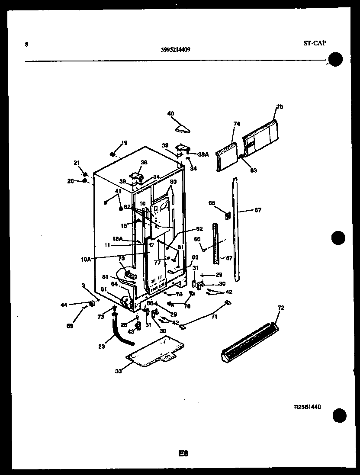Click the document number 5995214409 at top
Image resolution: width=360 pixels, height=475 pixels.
[175, 49]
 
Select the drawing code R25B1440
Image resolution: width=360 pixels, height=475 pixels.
[308, 407]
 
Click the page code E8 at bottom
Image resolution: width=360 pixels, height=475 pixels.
[183, 453]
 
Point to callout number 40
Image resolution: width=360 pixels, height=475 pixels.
[170, 114]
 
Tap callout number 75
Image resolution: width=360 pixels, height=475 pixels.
[280, 107]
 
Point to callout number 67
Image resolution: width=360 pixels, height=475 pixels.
[258, 210]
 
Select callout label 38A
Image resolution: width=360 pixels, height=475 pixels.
[203, 154]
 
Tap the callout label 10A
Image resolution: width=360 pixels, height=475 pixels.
[86, 260]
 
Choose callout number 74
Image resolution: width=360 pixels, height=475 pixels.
[236, 124]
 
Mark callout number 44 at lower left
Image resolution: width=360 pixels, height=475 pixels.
[64, 305]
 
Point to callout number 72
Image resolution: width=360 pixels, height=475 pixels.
[281, 308]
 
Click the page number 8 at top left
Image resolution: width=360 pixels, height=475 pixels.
[27, 44]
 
